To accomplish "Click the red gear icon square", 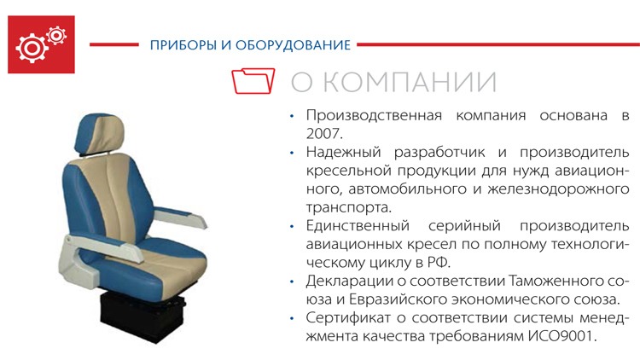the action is coord(41,44).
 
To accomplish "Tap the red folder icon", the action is coord(253,81).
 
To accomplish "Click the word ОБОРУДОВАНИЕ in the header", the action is coord(293,45).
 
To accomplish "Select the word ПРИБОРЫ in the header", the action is coord(183,45).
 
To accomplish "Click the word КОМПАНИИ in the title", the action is coord(410,82).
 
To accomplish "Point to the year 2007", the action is coord(324,133).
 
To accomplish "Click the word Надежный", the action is coord(343,153).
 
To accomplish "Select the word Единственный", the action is coord(358,226).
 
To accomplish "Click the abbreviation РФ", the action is coord(439,263).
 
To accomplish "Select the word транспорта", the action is coord(348,208).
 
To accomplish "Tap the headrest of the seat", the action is coord(99,134).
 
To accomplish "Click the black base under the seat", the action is coord(142,315).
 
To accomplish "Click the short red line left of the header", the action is coord(113,44).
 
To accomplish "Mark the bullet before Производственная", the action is coord(292,116).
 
